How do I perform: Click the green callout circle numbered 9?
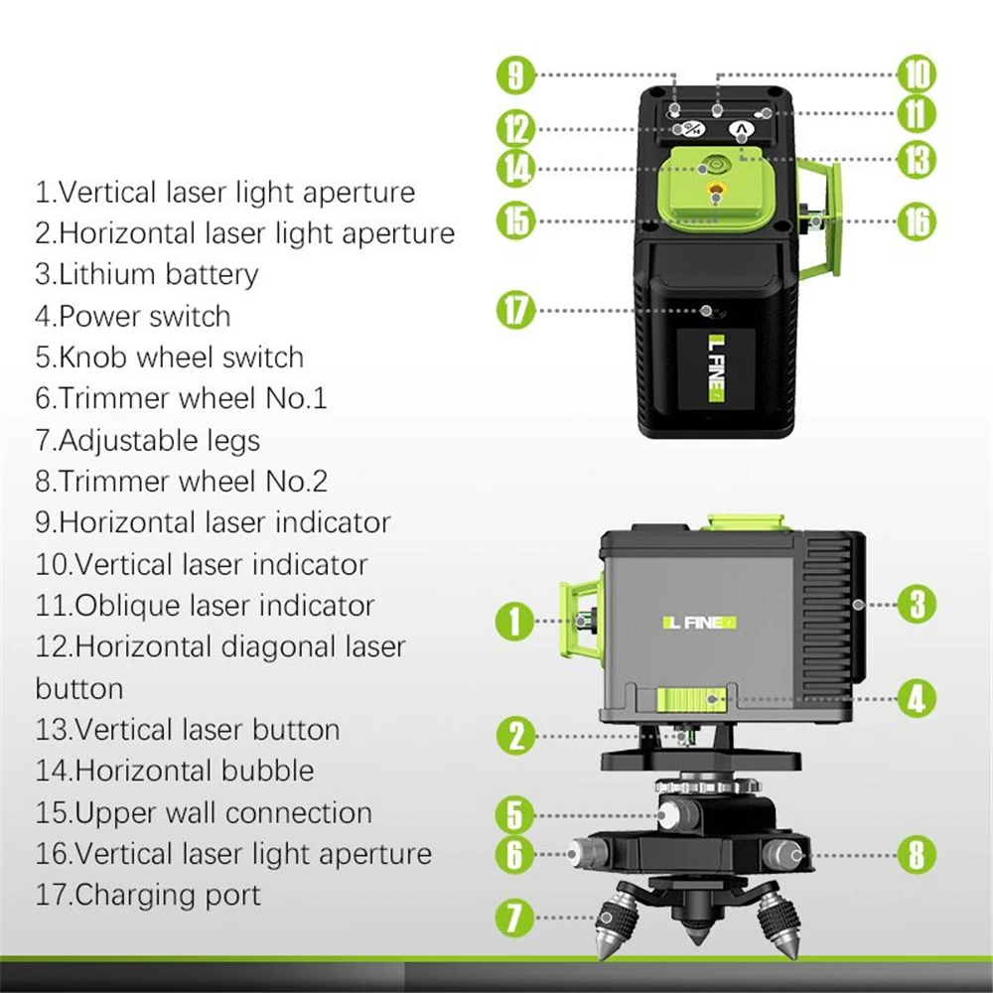point(516,75)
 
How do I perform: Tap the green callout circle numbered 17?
point(516,310)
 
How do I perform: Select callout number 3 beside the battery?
point(917,604)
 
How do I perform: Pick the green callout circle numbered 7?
point(514,917)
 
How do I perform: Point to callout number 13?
point(917,160)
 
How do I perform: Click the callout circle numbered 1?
point(514,621)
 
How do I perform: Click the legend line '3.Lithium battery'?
point(147,275)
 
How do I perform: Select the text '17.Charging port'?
point(148,895)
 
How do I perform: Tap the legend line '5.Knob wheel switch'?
point(170,357)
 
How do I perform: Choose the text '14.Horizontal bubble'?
point(175,771)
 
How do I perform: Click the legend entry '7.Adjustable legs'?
point(148,441)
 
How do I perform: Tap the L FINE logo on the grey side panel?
point(700,624)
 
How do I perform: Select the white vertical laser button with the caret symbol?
point(741,131)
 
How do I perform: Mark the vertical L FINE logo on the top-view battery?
point(716,368)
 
